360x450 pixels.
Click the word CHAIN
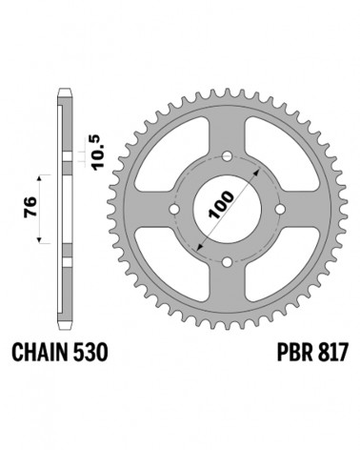[x=40, y=353]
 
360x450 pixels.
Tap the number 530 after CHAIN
[x=90, y=353]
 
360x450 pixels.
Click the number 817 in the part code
[x=333, y=353]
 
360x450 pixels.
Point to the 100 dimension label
[x=222, y=205]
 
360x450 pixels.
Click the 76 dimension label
[x=30, y=207]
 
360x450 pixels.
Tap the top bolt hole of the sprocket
[x=227, y=155]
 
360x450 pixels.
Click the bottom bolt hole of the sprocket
[x=227, y=262]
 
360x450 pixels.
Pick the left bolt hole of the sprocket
[x=173, y=209]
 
